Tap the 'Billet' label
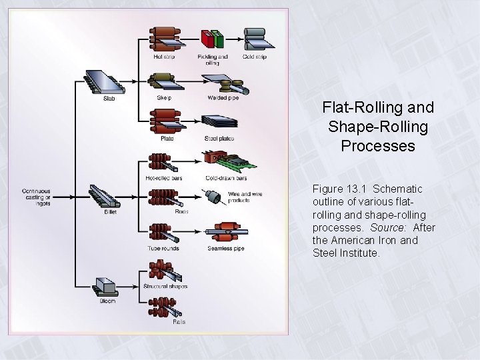click(109, 212)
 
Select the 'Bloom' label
click(107, 301)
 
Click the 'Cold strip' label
click(255, 57)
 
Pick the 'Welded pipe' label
click(222, 98)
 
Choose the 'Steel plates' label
click(219, 139)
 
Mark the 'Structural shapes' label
click(165, 286)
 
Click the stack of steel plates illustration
click(220, 123)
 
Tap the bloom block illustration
click(106, 285)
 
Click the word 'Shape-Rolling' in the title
click(378, 126)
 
